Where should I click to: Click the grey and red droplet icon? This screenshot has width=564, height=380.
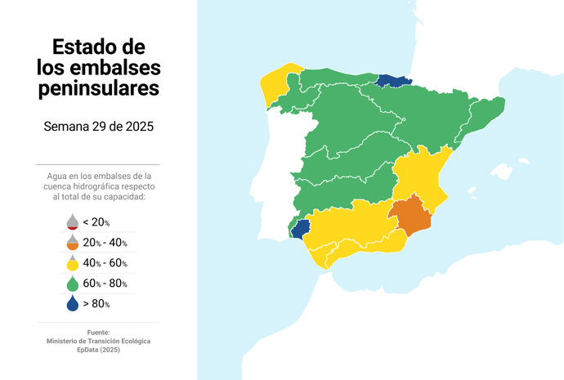point(72,221)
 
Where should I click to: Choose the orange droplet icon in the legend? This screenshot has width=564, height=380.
point(72,242)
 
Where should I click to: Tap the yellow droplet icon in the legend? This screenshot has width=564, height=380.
point(72,262)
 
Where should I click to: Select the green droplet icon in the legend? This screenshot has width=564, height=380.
point(72,283)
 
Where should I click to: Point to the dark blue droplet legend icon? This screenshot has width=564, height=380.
point(72,303)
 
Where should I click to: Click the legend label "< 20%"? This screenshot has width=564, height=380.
point(96,222)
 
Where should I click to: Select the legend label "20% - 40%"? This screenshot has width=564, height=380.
point(105,243)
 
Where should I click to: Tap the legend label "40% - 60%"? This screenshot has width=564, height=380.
point(105,263)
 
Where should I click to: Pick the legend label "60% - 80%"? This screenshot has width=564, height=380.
point(105,284)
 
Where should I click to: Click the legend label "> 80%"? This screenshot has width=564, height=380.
point(96,304)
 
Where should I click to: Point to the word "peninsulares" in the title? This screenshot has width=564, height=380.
point(98,87)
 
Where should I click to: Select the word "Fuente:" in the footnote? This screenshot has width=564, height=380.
point(98,332)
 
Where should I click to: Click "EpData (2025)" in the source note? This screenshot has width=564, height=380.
point(98,349)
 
